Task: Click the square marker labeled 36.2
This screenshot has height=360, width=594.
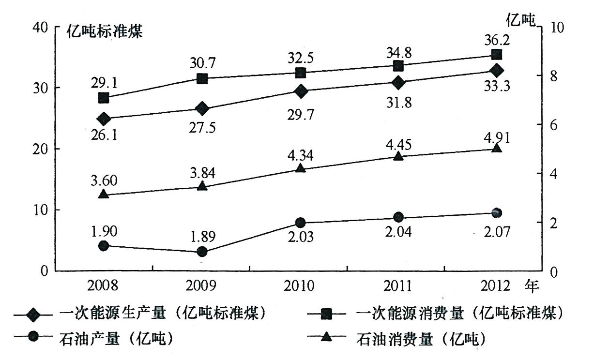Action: click(496, 55)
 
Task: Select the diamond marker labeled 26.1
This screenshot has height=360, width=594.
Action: click(104, 119)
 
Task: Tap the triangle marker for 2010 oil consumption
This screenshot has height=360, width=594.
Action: click(301, 168)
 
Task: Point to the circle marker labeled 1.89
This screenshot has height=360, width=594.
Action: click(202, 251)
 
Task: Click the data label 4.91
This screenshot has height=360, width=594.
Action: click(497, 137)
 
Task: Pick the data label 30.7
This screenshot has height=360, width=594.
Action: click(202, 63)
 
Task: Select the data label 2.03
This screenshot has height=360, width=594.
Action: click(301, 237)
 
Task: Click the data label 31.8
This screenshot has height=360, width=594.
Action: click(399, 103)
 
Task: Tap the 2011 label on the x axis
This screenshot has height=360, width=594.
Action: click(397, 286)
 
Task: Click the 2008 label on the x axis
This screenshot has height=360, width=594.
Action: click(103, 286)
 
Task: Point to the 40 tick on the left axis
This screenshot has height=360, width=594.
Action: click(40, 27)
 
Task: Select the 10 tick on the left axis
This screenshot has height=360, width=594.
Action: click(40, 210)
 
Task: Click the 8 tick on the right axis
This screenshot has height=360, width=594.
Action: click(554, 76)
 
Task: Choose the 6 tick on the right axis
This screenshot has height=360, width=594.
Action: click(554, 125)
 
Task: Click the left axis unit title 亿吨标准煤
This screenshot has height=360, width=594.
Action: click(105, 31)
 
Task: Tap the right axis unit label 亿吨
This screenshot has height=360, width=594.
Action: click(521, 20)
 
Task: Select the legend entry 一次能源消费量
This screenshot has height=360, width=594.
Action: click(410, 313)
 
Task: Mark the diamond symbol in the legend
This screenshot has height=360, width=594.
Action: click(33, 315)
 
